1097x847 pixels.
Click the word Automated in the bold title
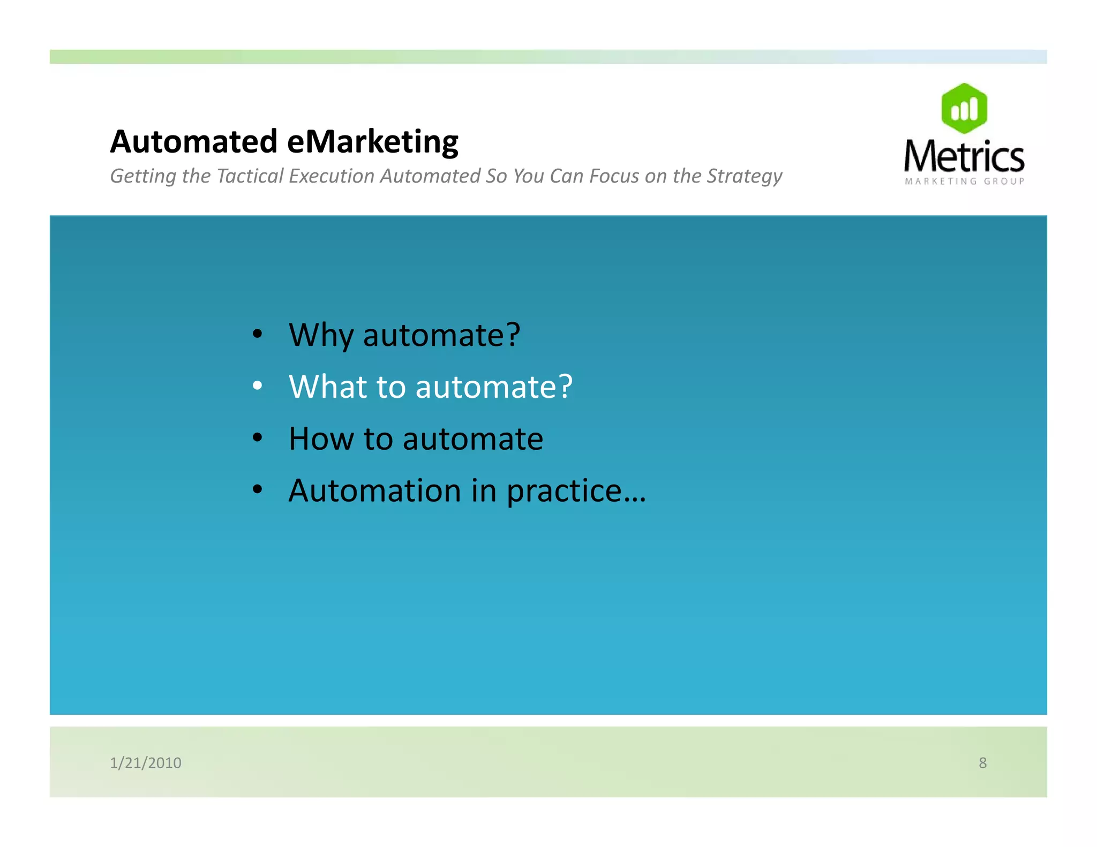pos(193,142)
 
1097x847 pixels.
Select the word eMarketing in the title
pos(373,143)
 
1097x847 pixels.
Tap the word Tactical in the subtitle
pos(250,176)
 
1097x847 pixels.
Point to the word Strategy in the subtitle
pos(744,177)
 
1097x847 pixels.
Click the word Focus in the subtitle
pos(614,176)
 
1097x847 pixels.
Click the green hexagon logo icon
pos(964,108)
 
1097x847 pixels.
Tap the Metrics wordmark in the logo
pos(964,156)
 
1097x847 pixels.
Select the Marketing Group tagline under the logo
pos(964,182)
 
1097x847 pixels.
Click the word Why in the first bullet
pos(321,336)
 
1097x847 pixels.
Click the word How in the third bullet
pos(320,439)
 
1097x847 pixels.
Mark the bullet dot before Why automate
pos(258,334)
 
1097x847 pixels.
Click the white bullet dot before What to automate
pos(258,385)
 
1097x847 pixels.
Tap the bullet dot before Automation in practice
pos(258,489)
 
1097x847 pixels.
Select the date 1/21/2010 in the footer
pos(146,762)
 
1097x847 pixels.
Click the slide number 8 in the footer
pos(982,762)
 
